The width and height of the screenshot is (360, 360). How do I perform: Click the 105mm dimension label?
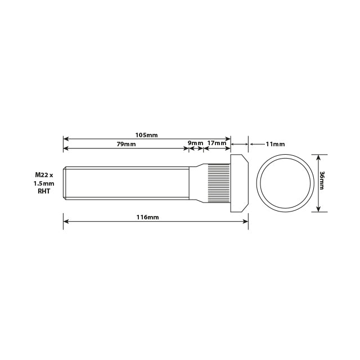point(146,135)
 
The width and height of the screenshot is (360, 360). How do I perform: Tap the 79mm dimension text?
point(126,144)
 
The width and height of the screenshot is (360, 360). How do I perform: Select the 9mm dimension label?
point(195,143)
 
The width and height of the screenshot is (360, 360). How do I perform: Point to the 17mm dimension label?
point(217,143)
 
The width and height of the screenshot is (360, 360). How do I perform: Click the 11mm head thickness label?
point(274,144)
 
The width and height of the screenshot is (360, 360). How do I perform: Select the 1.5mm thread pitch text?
point(44,184)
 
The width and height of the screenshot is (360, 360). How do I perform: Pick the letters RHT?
point(44,192)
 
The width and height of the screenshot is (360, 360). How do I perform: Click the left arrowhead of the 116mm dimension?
point(66,221)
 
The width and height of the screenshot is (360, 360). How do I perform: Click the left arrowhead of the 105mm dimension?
point(66,138)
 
